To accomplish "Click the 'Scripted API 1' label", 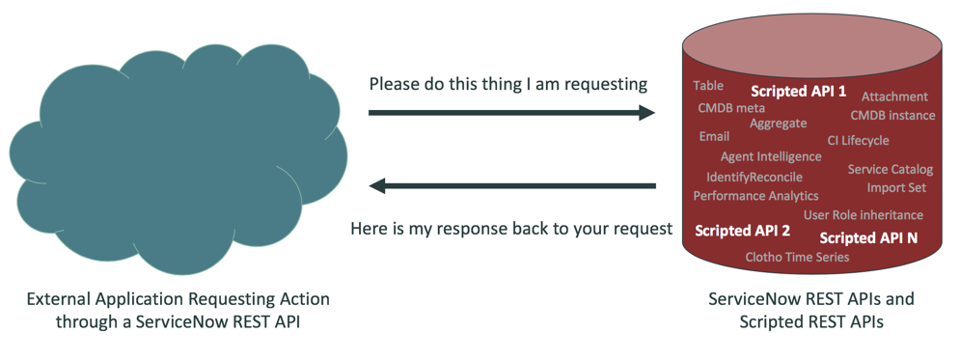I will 798,92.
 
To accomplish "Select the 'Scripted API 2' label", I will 743,231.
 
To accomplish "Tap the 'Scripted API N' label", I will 868,237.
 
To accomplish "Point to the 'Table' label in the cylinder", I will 708,86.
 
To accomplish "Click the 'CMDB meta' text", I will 731,108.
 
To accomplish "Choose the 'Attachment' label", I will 894,97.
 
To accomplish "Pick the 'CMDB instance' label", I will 892,116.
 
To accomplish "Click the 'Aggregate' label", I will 778,124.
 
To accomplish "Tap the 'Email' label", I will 714,137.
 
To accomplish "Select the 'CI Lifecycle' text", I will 858,141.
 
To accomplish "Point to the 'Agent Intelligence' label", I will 771,156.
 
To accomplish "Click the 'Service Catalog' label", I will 890,170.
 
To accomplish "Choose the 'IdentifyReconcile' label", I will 754,178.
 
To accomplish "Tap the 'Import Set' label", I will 896,187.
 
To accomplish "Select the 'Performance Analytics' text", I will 755,196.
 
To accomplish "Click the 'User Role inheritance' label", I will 863,215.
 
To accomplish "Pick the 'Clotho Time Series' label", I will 797,258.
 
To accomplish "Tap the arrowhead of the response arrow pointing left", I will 379,185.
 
